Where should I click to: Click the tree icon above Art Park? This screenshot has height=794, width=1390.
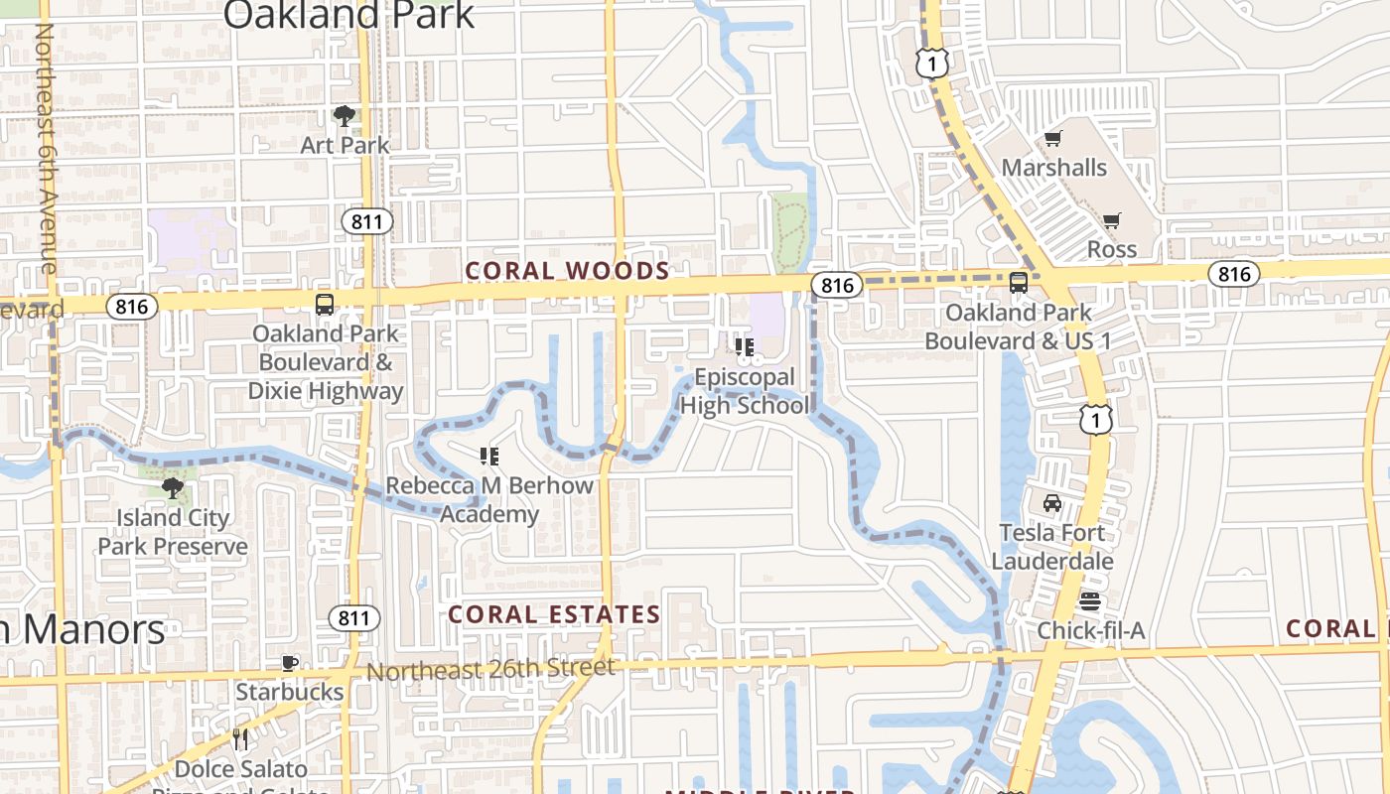coord(345,116)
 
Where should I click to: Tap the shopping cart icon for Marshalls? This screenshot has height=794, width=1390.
coord(1052,139)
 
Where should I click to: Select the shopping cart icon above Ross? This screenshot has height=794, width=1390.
coord(1111,220)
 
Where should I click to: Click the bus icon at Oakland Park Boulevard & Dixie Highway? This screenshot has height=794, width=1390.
coord(325,305)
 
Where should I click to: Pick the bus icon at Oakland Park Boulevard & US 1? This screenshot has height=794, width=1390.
coord(1019,283)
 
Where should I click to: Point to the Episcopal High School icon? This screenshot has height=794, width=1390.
coord(744,346)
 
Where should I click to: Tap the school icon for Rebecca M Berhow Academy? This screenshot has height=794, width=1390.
coord(488,457)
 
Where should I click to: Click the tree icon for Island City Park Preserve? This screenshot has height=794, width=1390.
coord(173,487)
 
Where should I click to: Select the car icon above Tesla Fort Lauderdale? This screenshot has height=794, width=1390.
coord(1052,503)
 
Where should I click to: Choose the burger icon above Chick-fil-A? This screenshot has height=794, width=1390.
coord(1090,601)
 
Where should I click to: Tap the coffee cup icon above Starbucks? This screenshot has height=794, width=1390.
coord(290,663)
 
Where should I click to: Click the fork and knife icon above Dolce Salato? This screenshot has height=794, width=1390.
coord(239,739)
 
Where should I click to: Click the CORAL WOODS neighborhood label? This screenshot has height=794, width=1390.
coord(567,271)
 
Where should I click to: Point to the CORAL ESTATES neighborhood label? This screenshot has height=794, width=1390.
coord(554,614)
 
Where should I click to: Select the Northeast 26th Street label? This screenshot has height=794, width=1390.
coord(490,670)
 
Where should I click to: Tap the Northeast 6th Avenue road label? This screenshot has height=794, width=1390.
coord(45,149)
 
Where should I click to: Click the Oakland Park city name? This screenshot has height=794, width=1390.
coord(348,16)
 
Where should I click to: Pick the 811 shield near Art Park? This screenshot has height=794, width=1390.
coord(366,221)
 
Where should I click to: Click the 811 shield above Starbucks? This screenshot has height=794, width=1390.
coord(353,618)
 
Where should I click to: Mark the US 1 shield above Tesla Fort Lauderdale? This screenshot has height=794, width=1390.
coord(1095,420)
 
